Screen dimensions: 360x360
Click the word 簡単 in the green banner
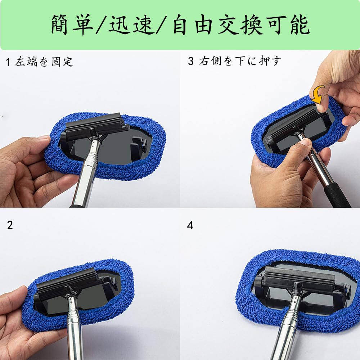[72, 24]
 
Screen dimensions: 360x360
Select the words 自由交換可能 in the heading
[241, 24]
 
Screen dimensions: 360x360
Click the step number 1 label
[8, 62]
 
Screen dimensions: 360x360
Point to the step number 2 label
[10, 225]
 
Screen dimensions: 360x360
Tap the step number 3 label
[191, 61]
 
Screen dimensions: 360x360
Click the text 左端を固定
[44, 62]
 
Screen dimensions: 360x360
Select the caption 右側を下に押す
[240, 61]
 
